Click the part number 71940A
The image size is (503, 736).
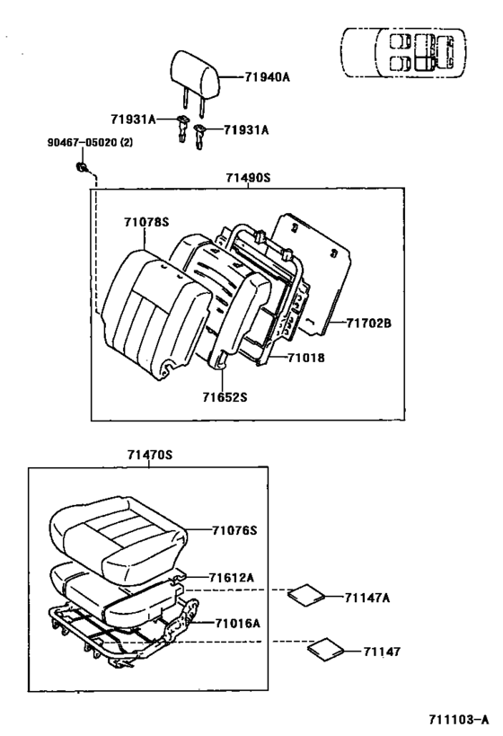pos(267,76)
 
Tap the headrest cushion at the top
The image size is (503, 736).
pos(194,74)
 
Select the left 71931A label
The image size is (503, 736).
pos(133,120)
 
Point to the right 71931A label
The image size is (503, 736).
pos(246,129)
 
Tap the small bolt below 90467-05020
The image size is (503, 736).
pos(82,166)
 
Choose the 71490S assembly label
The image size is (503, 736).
pos(248,178)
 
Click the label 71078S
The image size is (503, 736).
pos(146,222)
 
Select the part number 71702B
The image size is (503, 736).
pos(369,323)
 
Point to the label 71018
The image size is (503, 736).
pos(306,358)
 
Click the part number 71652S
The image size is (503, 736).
pos(225,397)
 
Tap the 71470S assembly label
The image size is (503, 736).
pos(150,455)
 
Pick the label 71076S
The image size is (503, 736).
pos(234,530)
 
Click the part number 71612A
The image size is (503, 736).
pos(232,577)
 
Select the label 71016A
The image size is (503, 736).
pos(237,624)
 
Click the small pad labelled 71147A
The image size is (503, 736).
pos(306,595)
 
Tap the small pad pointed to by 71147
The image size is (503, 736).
pos(326,650)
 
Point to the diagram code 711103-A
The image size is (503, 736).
pos(458,719)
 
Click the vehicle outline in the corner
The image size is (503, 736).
pos(403,52)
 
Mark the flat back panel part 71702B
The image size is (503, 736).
pos(313,275)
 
